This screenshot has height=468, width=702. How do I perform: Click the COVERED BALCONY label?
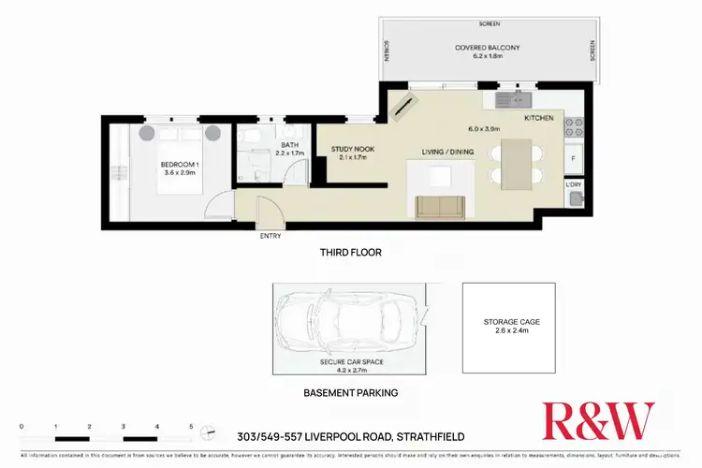pyautogui.click(x=487, y=48)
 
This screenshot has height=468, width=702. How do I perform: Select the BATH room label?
pyautogui.click(x=289, y=145)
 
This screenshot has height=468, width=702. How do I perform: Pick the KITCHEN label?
pyautogui.click(x=539, y=119)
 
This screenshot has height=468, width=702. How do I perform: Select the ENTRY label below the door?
pyautogui.click(x=271, y=236)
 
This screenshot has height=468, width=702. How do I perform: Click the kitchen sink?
pyautogui.click(x=510, y=97)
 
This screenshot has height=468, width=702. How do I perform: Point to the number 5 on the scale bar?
pyautogui.click(x=191, y=426)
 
